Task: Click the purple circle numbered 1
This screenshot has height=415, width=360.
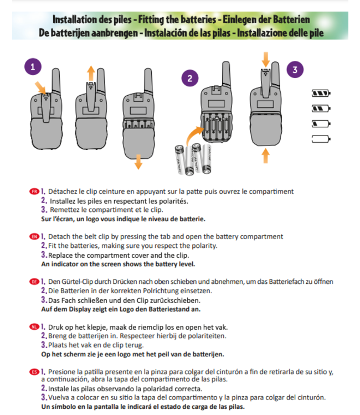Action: (x=33, y=68)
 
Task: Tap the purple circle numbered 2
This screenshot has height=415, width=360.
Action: (x=190, y=79)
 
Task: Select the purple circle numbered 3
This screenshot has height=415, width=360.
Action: (x=295, y=70)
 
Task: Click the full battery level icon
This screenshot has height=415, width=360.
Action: (x=321, y=92)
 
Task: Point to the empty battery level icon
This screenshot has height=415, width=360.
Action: (x=321, y=138)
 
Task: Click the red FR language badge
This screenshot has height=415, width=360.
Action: (x=34, y=191)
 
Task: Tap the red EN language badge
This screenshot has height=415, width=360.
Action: (x=34, y=236)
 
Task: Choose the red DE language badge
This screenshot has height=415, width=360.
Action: (x=34, y=282)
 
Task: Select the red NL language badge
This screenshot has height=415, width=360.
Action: (x=34, y=326)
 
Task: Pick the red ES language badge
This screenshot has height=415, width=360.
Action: (x=34, y=371)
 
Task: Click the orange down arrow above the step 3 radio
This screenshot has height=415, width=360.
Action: (x=266, y=58)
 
